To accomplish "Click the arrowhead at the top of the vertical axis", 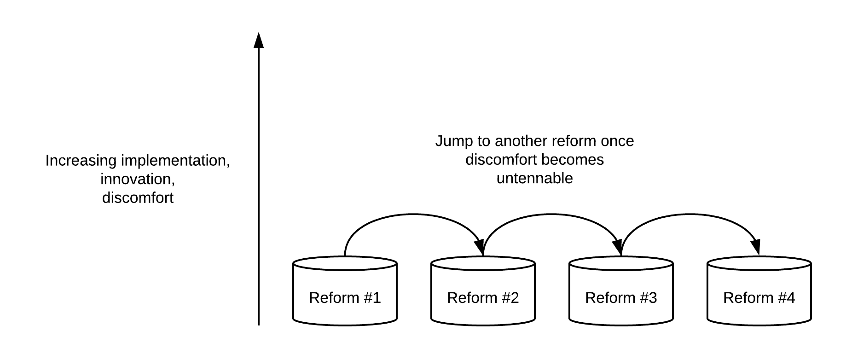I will pyautogui.click(x=259, y=40).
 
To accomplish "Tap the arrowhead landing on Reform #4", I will pyautogui.click(x=756, y=248).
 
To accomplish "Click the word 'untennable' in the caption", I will pyautogui.click(x=534, y=179).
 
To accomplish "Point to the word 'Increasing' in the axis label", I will pyautogui.click(x=81, y=161).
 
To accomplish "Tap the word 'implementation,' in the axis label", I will pyautogui.click(x=175, y=161).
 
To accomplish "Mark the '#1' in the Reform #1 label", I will pyautogui.click(x=371, y=298).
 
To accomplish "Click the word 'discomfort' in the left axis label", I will pyautogui.click(x=138, y=198).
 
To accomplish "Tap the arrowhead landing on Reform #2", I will pyautogui.click(x=480, y=248).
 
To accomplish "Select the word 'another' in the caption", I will pyautogui.click(x=522, y=141).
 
